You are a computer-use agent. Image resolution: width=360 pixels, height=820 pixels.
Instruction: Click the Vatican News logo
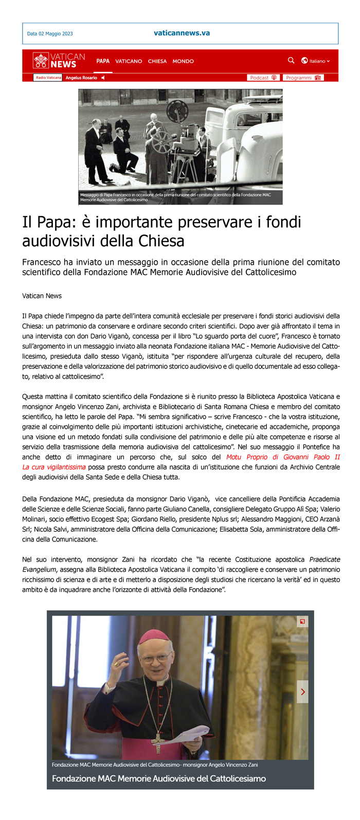59,60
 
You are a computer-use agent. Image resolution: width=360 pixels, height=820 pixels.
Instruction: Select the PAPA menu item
103,61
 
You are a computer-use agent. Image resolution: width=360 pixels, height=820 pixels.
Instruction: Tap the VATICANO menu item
129,61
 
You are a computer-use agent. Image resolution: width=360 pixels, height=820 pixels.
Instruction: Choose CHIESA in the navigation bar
157,61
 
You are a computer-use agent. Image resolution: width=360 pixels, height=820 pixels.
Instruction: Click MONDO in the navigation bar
183,61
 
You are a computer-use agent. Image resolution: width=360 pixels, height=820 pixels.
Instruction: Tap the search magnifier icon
291,61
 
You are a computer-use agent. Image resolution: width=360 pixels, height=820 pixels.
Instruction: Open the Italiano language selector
316,61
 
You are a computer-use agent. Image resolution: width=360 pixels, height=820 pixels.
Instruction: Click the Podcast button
263,78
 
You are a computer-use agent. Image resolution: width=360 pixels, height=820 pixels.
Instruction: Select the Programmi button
303,78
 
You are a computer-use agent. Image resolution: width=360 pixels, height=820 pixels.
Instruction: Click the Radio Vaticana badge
48,78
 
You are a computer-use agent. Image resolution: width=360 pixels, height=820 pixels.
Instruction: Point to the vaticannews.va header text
182,33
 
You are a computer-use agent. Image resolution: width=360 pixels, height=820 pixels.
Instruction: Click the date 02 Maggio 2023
50,34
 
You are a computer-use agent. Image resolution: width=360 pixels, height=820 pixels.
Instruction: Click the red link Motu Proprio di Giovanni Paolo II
283,457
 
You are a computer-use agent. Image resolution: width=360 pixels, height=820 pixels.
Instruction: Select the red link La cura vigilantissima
54,467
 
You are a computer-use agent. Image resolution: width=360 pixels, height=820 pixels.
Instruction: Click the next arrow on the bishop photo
302,692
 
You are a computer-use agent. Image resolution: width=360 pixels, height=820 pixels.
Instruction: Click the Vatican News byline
42,296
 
